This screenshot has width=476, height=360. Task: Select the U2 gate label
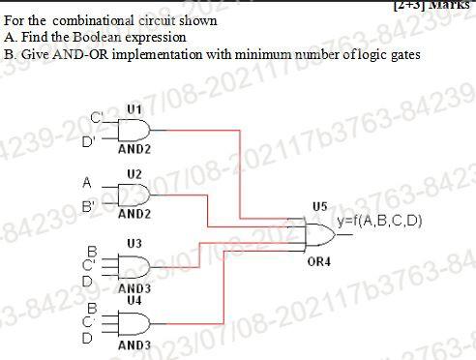134,173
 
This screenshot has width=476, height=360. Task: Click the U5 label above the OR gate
320,206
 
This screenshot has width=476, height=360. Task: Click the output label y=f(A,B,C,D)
380,222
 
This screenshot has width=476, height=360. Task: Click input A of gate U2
87,181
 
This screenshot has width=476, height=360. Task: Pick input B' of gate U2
87,205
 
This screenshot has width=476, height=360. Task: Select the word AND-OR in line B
62,53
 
